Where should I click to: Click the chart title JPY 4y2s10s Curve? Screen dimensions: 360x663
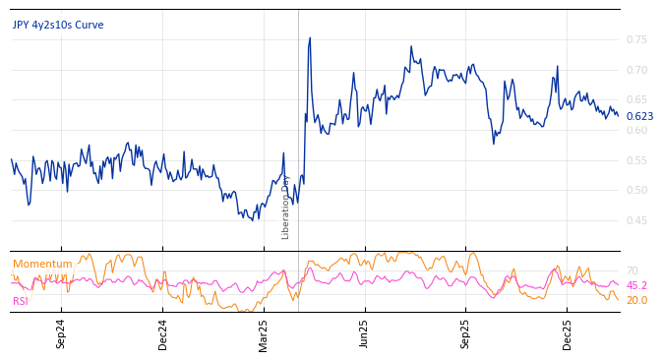[58, 26]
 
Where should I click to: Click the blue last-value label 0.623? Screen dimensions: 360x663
[639, 117]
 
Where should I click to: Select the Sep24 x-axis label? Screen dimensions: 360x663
[61, 334]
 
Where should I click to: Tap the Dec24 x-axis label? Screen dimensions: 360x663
[163, 334]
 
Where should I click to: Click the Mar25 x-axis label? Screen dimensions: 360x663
[264, 334]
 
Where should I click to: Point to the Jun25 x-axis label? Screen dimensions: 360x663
[364, 334]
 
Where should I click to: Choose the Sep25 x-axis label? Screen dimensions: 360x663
[465, 334]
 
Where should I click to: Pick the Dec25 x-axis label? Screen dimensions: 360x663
[568, 334]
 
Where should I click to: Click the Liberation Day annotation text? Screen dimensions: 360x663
[286, 208]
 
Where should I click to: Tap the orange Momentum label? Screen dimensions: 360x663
[42, 265]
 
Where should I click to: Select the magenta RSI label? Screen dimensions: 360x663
[21, 301]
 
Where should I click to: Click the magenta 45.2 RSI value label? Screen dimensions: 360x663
[636, 286]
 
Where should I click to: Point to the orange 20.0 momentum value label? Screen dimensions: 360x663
[636, 301]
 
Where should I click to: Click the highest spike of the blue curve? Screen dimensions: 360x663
[310, 38]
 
